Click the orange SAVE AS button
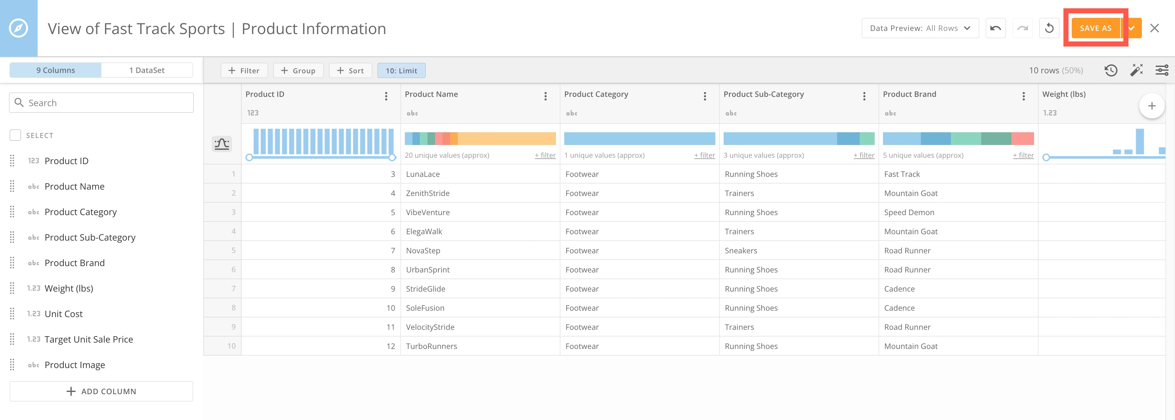tap(1095, 28)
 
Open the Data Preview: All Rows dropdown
tap(920, 28)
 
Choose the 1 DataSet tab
tap(147, 70)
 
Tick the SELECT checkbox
tap(16, 135)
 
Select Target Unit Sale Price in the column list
tap(89, 339)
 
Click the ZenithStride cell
tap(428, 193)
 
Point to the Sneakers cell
tap(741, 251)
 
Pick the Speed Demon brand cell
tap(909, 213)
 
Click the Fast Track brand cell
tap(902, 174)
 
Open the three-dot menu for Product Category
tap(705, 96)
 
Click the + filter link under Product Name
tap(545, 156)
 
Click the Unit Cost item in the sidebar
tap(63, 314)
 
